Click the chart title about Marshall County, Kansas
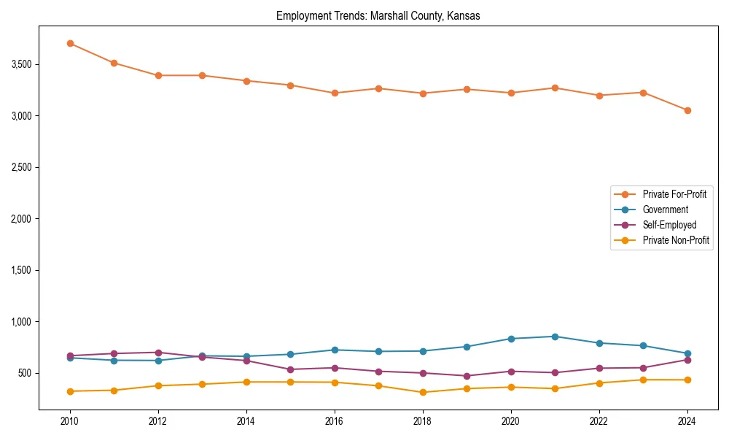pos(378,16)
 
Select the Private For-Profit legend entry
pos(674,194)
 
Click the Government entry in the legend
pos(665,210)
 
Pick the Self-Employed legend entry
pos(669,225)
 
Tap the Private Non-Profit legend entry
pos(676,240)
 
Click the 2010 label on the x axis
pos(70,421)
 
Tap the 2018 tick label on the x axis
pos(423,421)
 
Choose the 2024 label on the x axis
pos(687,421)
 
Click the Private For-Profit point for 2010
pos(70,43)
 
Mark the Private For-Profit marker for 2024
pos(687,110)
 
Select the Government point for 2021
pos(555,337)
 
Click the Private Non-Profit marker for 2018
pos(423,392)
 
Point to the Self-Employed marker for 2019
pos(467,376)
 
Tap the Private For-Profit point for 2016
pos(335,93)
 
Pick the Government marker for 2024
pos(687,353)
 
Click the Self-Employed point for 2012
pos(158,353)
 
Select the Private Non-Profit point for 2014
pos(246,382)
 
